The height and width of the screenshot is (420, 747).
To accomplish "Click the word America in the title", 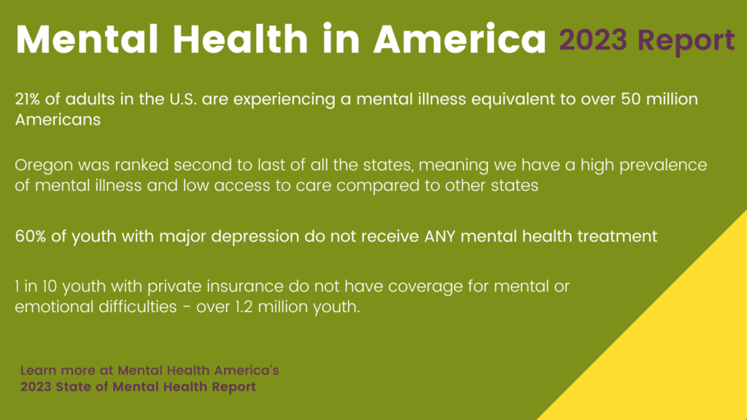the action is coord(460,39).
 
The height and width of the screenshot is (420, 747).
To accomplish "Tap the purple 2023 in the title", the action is coord(592,39).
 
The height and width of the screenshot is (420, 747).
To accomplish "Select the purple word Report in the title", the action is coord(686,42).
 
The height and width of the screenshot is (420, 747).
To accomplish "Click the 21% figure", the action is coord(27,99).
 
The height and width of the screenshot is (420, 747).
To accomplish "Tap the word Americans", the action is coord(58,120).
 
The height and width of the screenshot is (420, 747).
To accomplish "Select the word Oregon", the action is coord(44,166).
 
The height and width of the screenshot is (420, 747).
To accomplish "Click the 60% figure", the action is coord(30,236).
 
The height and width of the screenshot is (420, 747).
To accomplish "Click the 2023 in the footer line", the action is coord(35,386).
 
